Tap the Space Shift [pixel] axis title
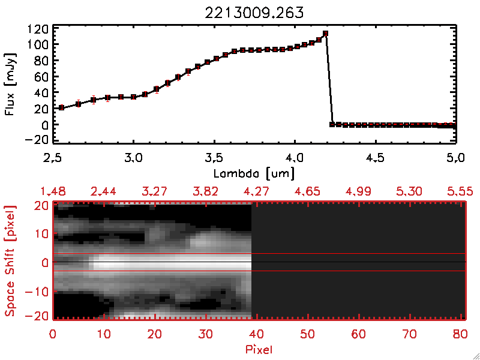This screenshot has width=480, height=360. point(10,262)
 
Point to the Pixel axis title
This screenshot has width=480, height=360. point(260,349)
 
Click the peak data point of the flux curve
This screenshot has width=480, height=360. point(325,34)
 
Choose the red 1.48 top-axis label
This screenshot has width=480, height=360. point(53,191)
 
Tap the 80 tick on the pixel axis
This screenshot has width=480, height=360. point(461,333)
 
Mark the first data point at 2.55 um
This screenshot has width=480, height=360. point(61,107)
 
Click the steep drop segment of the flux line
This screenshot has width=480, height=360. point(329,78)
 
